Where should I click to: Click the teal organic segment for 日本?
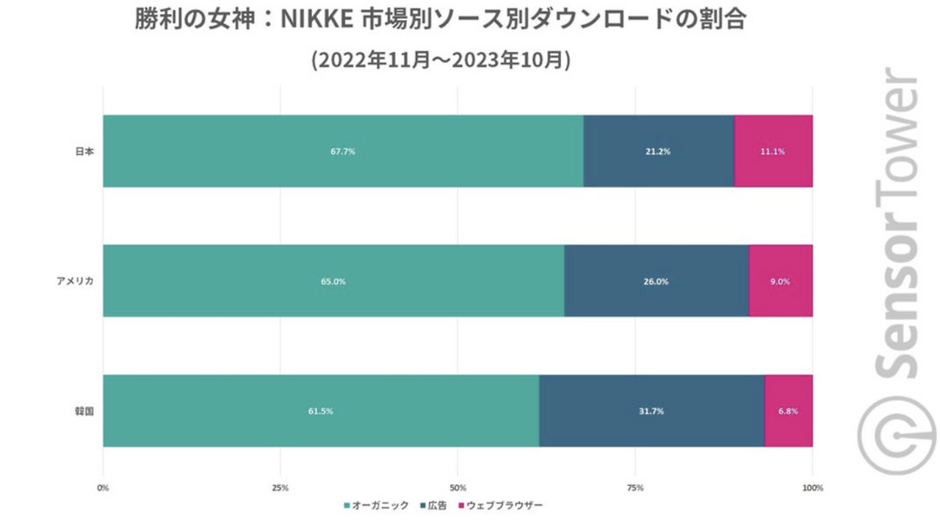[x=343, y=151]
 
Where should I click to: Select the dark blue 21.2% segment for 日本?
[x=659, y=151]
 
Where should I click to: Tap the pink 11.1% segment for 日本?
[x=773, y=151]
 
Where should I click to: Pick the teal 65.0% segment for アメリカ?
[x=333, y=281]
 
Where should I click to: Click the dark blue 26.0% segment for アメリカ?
[x=657, y=281]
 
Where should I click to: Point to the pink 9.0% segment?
[x=781, y=281]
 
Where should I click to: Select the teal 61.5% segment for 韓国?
[x=321, y=411]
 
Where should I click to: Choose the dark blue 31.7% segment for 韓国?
[x=651, y=411]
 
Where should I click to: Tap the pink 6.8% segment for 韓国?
[x=789, y=411]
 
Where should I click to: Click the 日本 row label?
[x=85, y=151]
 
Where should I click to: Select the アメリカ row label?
[x=76, y=281]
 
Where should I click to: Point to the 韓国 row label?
[x=85, y=411]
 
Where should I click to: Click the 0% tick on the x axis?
[x=103, y=488]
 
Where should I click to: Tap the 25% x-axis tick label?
[x=280, y=488]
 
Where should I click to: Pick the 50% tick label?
[x=458, y=488]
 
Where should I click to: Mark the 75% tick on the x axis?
[x=635, y=488]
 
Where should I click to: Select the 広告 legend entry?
[x=435, y=506]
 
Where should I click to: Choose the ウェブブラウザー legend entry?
[x=500, y=506]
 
